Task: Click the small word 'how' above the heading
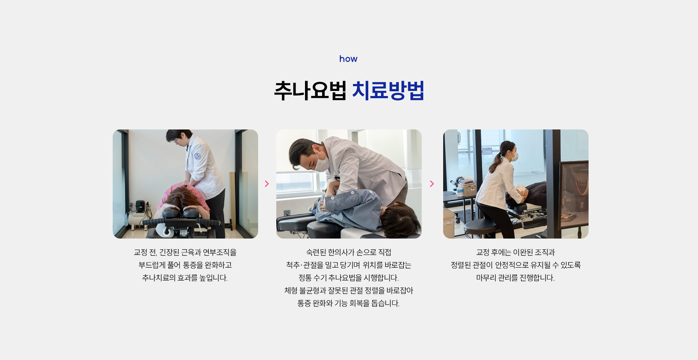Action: coord(348,59)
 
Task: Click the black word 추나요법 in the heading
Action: coord(310,91)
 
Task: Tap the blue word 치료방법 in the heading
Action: coord(388,91)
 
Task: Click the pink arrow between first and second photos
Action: coord(267,184)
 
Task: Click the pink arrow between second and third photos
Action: coord(432,184)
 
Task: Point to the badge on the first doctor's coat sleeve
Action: coord(197,156)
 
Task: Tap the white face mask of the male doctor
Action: coord(322,162)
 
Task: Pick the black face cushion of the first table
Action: coord(182,212)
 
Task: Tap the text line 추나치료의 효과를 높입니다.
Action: coord(185,278)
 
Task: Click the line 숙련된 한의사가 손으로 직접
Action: coord(348,252)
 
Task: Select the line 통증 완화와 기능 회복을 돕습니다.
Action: coord(348,303)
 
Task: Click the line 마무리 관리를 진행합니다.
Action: coord(515,278)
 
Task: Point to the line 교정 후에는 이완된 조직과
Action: coord(515,252)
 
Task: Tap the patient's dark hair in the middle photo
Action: coord(398,218)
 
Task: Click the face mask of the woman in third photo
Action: coord(514,156)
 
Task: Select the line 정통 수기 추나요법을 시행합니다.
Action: coord(348,278)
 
